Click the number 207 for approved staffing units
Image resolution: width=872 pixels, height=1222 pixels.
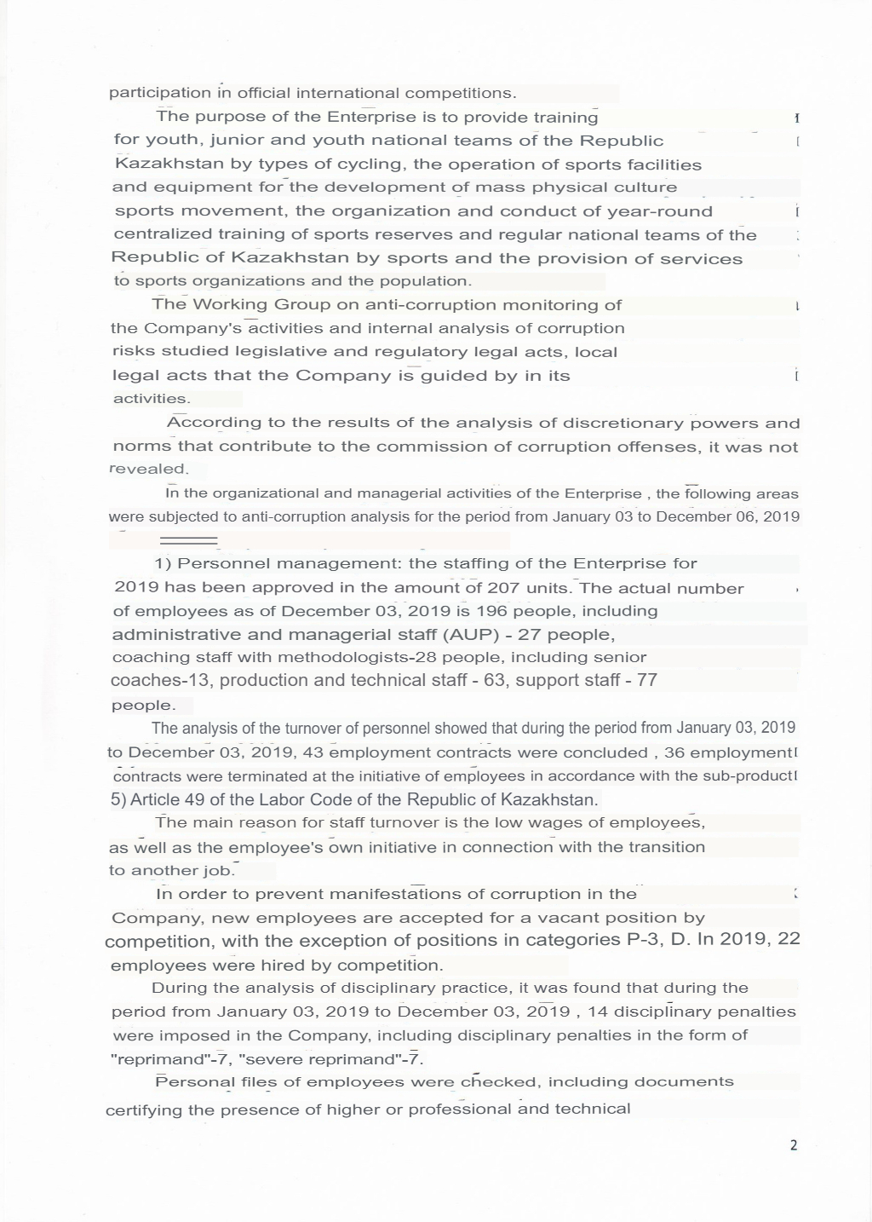coord(502,588)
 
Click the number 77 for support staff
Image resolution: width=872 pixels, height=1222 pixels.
coord(647,680)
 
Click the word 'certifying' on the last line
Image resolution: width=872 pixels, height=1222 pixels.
coord(143,1110)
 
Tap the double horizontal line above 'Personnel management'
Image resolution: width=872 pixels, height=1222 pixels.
coord(189,540)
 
